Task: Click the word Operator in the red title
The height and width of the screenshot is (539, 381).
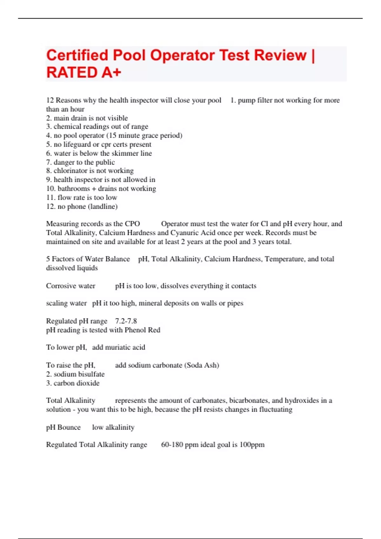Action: [x=182, y=55]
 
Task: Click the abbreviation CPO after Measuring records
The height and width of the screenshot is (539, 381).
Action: [x=132, y=224]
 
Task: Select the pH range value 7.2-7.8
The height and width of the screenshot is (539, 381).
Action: [x=126, y=321]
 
